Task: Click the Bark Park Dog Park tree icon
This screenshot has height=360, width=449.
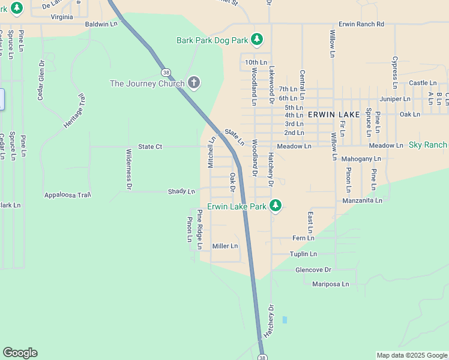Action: tap(257, 40)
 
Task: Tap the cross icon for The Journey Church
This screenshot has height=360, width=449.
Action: tap(193, 83)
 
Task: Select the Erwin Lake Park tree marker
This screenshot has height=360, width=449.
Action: tap(275, 206)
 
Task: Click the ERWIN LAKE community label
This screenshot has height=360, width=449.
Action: tap(334, 114)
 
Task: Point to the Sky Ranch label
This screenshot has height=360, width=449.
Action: tap(428, 145)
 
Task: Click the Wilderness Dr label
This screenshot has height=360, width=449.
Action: tap(128, 170)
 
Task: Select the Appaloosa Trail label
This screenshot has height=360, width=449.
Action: tap(68, 195)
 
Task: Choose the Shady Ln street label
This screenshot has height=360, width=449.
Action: tap(181, 192)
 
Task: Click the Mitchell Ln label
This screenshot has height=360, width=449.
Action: tap(211, 152)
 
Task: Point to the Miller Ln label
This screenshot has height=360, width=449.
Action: tap(225, 246)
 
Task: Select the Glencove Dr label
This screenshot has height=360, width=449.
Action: tap(313, 270)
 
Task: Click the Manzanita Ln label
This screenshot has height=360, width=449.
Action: tap(362, 200)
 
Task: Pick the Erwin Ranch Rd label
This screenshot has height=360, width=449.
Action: tap(361, 24)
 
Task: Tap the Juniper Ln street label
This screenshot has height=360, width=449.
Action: tap(395, 98)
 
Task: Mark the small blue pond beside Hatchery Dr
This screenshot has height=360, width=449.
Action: tap(285, 320)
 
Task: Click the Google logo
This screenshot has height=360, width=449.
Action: tap(20, 353)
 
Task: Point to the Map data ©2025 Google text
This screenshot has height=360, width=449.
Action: tap(412, 355)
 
